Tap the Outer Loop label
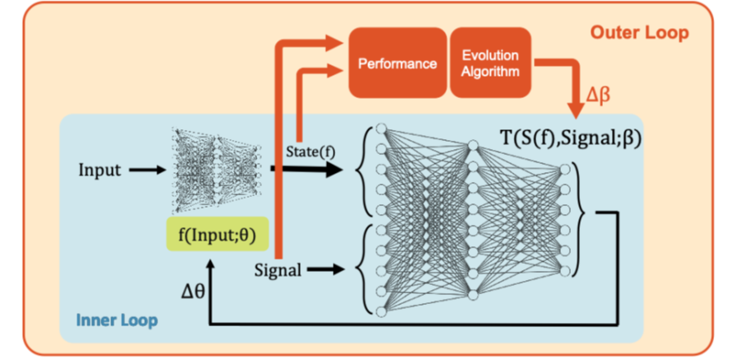[x=639, y=34]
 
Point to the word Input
[x=100, y=171]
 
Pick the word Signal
[x=278, y=269]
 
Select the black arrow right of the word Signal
[x=328, y=269]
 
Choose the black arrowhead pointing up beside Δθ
[x=212, y=265]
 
